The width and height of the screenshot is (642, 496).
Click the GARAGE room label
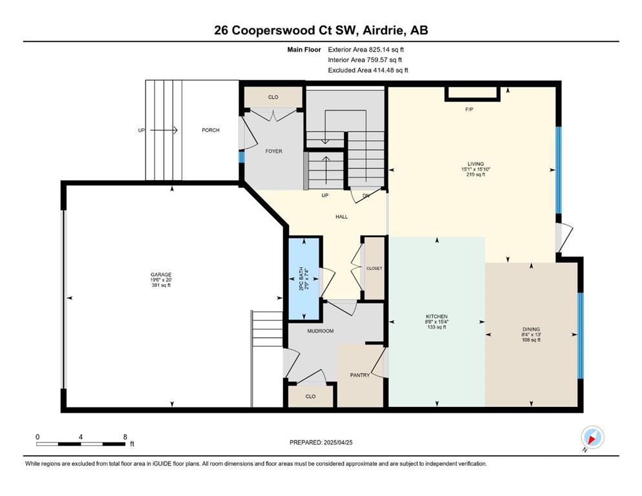click(161, 274)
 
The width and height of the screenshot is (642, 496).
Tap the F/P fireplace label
click(469, 110)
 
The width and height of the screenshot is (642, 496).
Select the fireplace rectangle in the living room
click(473, 93)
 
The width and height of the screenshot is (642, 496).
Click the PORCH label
click(211, 130)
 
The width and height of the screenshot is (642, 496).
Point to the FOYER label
click(273, 151)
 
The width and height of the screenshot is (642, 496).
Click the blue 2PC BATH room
click(305, 278)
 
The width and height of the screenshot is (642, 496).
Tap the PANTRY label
click(360, 375)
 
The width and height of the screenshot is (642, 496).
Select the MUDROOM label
click(320, 331)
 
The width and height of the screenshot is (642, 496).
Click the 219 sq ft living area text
click(476, 174)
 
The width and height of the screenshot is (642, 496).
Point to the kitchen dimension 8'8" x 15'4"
click(436, 322)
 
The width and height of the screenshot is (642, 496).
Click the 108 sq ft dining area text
click(531, 340)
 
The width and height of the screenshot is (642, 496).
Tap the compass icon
click(592, 437)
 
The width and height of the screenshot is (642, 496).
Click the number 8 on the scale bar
click(125, 437)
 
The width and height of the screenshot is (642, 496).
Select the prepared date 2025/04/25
click(337, 442)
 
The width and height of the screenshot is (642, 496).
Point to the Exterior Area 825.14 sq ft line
click(366, 50)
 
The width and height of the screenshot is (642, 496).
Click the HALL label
click(341, 217)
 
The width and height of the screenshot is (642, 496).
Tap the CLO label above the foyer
click(273, 97)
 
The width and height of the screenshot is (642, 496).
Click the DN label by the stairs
click(366, 196)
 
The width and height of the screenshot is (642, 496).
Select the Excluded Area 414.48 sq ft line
click(368, 70)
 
